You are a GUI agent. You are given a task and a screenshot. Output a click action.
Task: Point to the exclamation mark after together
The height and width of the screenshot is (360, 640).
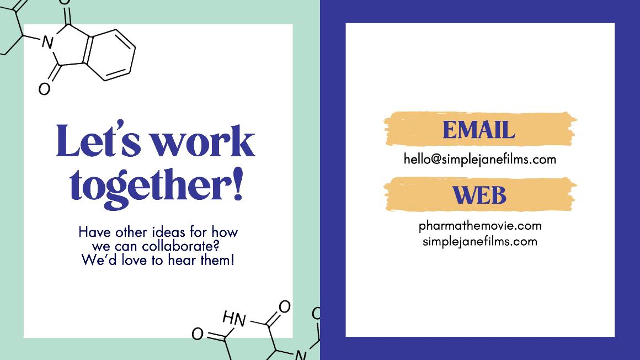pyautogui.click(x=238, y=183)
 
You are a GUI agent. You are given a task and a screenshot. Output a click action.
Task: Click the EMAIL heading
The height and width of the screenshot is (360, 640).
pyautogui.click(x=479, y=130)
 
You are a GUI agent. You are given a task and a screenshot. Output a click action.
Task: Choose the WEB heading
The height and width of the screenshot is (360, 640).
pyautogui.click(x=479, y=195)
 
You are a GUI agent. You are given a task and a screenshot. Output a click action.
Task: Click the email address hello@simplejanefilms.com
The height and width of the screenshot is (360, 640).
pyautogui.click(x=480, y=159)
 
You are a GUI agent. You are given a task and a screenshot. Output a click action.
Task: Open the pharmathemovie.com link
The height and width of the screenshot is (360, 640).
pyautogui.click(x=480, y=226)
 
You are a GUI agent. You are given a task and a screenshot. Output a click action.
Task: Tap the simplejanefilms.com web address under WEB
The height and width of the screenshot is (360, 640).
pyautogui.click(x=480, y=241)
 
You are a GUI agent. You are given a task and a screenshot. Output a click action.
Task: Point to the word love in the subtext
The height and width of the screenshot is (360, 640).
pyautogui.click(x=135, y=260)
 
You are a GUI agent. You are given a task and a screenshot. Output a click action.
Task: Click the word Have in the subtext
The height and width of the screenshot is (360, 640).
pyautogui.click(x=95, y=232)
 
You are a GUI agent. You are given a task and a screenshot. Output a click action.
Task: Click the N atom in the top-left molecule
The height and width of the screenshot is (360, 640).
pyautogui.click(x=48, y=42)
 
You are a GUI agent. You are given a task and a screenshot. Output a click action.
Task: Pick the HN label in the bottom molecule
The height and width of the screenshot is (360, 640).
pyautogui.click(x=234, y=319)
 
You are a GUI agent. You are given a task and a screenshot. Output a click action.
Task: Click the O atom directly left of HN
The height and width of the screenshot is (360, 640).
pyautogui.click(x=198, y=334)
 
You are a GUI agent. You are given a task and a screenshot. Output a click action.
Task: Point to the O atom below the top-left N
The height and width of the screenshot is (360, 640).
pyautogui.click(x=45, y=89)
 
